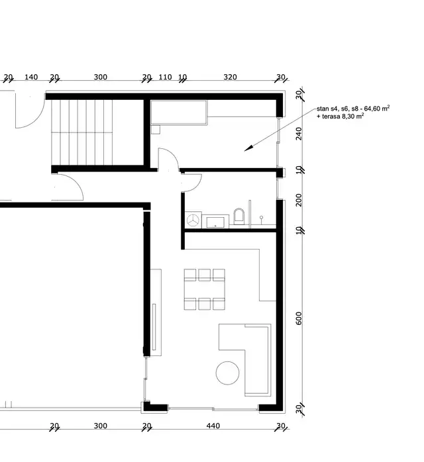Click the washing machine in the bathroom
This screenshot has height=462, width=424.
[x=193, y=220]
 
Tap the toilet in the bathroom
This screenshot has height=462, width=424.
[x=240, y=217]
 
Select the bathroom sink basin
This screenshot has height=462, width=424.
[x=216, y=221]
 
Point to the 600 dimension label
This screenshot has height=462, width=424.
[x=299, y=318]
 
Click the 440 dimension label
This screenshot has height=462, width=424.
[x=211, y=426]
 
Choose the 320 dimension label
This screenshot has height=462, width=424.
[x=230, y=77]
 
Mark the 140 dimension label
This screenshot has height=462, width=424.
[x=30, y=77]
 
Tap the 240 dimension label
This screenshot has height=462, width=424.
[x=299, y=133]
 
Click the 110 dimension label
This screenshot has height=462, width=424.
[x=165, y=77]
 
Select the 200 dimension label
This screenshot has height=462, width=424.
[x=299, y=201]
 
